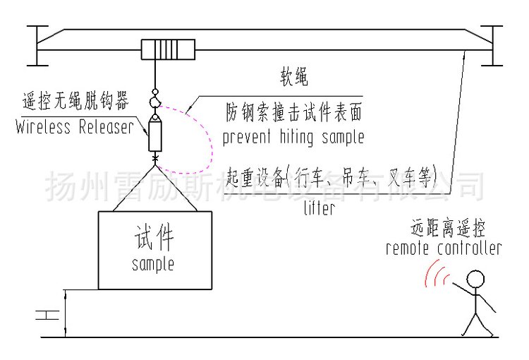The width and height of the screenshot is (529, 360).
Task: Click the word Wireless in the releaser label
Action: click(x=43, y=126)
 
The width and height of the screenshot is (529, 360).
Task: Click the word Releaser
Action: click(x=107, y=126)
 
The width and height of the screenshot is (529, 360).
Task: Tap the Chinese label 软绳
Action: click(x=294, y=77)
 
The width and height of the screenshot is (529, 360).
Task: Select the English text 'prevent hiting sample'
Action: click(x=293, y=138)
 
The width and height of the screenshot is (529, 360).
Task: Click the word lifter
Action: click(x=319, y=208)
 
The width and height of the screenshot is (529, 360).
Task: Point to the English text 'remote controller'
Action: click(x=444, y=248)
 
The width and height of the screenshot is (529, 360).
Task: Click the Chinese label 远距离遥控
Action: click(x=448, y=228)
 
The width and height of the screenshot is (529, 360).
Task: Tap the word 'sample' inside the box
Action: click(x=153, y=264)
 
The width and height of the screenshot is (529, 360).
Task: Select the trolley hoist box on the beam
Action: click(x=168, y=49)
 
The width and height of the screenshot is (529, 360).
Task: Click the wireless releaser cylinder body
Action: click(x=155, y=136)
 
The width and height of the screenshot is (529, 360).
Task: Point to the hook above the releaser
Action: click(x=155, y=101)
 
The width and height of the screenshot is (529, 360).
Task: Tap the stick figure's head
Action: click(x=475, y=280)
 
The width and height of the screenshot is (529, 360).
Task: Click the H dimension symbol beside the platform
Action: click(x=47, y=315)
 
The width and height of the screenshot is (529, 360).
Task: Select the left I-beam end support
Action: click(x=37, y=46)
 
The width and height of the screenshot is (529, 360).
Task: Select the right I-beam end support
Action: click(x=492, y=46)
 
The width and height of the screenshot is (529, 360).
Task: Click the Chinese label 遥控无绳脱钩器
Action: click(x=76, y=101)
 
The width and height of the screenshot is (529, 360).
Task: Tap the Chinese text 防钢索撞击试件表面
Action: click(x=294, y=112)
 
